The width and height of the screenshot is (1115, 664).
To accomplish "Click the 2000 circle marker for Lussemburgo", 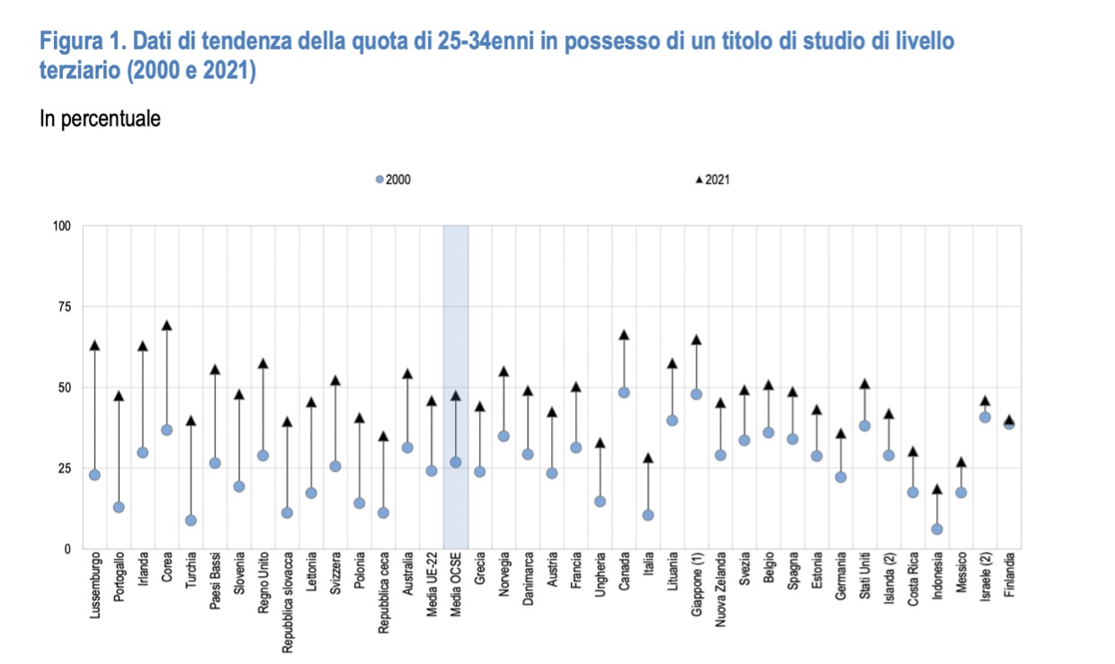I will [94, 474].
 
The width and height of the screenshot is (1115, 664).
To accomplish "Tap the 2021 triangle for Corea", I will [166, 325].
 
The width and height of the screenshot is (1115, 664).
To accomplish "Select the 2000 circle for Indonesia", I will [937, 529].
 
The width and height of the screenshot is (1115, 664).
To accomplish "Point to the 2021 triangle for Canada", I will [624, 335].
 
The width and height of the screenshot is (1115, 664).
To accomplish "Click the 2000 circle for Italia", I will [648, 515].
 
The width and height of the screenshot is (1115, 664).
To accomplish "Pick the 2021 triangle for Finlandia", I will [1009, 420].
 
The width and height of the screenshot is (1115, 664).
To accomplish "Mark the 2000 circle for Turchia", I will [191, 520].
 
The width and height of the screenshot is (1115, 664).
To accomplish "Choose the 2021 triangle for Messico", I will [961, 462].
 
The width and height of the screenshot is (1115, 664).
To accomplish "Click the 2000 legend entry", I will [394, 180].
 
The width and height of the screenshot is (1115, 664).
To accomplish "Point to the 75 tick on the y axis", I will [63, 306].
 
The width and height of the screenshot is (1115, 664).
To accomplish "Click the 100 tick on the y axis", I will [61, 226].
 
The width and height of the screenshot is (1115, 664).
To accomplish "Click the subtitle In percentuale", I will [100, 119].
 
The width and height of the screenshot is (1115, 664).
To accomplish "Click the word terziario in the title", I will [77, 71].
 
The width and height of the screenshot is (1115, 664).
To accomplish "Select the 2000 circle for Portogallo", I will [119, 507].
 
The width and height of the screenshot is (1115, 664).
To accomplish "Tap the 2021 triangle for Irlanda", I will [142, 346].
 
